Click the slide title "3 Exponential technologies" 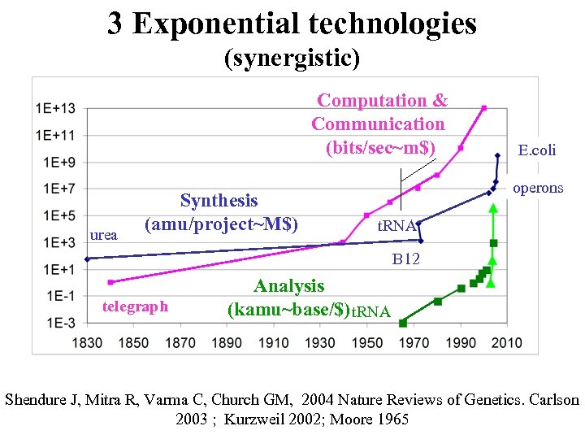click(x=292, y=24)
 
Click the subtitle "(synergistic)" click(x=292, y=58)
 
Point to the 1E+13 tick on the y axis click(x=56, y=108)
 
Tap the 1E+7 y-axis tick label click(x=56, y=189)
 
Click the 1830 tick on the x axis click(x=87, y=342)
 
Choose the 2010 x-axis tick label click(x=508, y=342)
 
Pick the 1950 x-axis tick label click(x=367, y=342)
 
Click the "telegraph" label click(x=135, y=306)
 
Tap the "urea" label click(x=103, y=235)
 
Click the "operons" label click(x=537, y=188)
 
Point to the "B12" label click(x=406, y=260)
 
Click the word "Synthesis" click(x=219, y=201)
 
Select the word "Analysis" click(x=288, y=286)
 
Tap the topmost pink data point click(x=484, y=107)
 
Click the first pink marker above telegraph click(x=110, y=282)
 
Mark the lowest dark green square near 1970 click(x=403, y=323)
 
